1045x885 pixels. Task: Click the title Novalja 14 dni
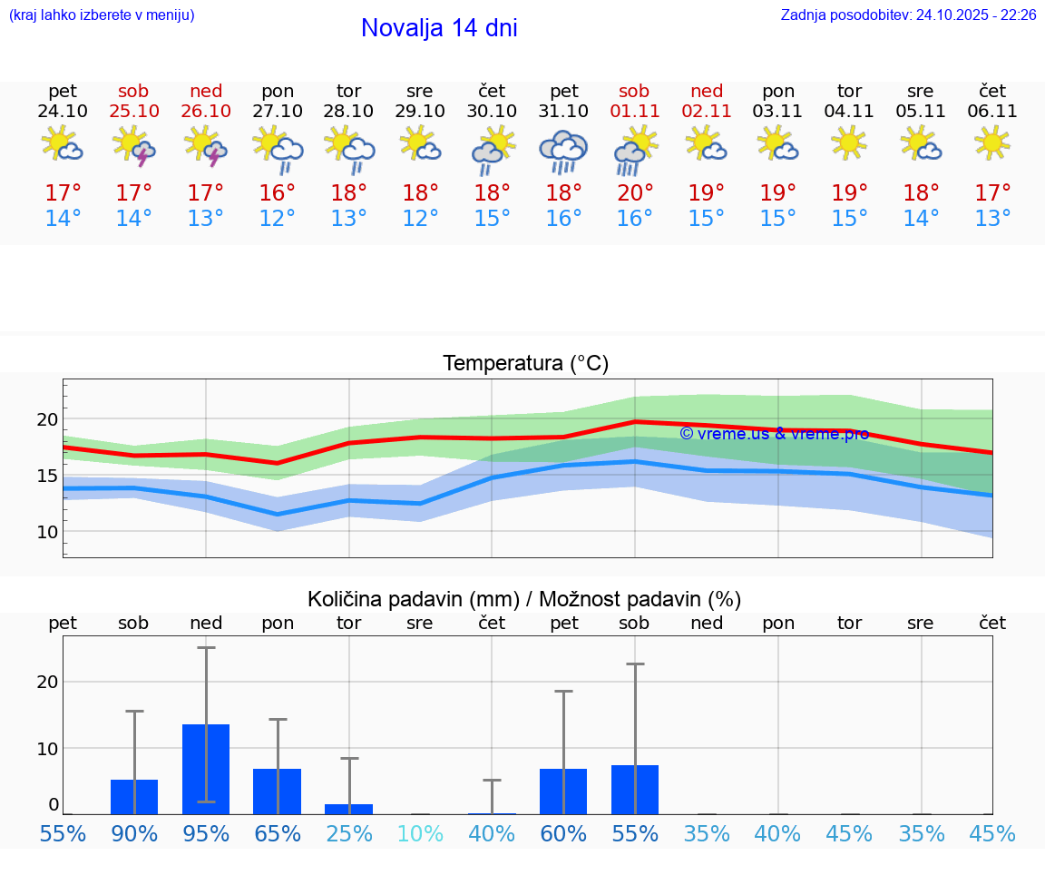(439, 28)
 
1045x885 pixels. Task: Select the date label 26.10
(206, 112)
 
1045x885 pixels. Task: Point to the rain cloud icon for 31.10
(563, 151)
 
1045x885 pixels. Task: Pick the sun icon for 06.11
(992, 143)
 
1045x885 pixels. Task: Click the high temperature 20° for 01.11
(634, 192)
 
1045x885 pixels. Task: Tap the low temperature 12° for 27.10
(278, 219)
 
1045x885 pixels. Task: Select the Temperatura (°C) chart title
(525, 363)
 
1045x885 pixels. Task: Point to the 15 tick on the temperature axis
(47, 476)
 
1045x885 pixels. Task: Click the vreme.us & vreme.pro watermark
(774, 433)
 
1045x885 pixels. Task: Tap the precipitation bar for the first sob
(134, 796)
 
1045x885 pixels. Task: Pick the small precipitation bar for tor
(349, 809)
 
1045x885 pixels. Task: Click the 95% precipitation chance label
(206, 834)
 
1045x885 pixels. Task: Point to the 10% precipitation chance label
(420, 834)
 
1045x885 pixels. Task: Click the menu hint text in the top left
(102, 15)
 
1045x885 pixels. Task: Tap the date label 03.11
(777, 112)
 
